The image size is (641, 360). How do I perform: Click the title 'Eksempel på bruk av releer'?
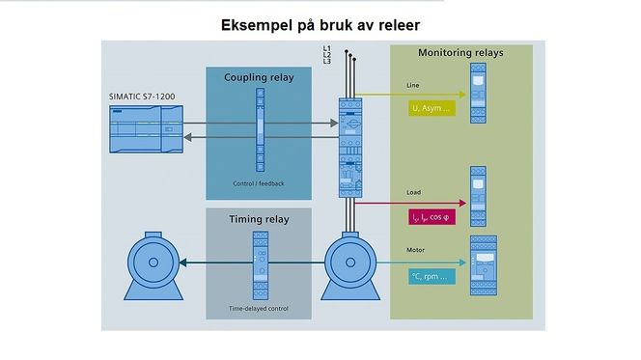320,23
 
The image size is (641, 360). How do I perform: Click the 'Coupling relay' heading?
259,77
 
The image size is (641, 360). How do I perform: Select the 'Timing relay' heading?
258,218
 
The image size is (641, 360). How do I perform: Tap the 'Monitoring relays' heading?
460,52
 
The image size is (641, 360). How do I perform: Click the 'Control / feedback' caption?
258,183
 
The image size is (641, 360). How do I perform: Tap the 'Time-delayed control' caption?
258,309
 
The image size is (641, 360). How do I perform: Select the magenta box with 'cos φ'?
432,217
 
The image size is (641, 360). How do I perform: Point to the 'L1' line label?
326,47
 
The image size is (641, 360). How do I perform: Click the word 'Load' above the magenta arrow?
413,192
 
